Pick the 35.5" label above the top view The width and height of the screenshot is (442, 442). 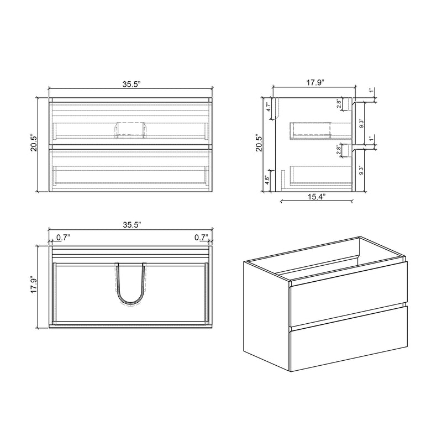coord(131,224)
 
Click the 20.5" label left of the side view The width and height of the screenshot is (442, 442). coord(257,143)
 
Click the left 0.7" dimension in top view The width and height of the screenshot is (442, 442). coord(63,238)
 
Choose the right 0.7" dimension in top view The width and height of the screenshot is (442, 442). coord(201,238)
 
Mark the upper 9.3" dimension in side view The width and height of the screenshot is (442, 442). coord(361,123)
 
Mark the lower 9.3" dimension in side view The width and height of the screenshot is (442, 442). coord(361,170)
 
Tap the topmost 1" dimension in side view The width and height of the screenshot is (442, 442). coord(371,91)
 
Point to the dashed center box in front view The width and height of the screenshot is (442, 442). coord(130,129)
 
